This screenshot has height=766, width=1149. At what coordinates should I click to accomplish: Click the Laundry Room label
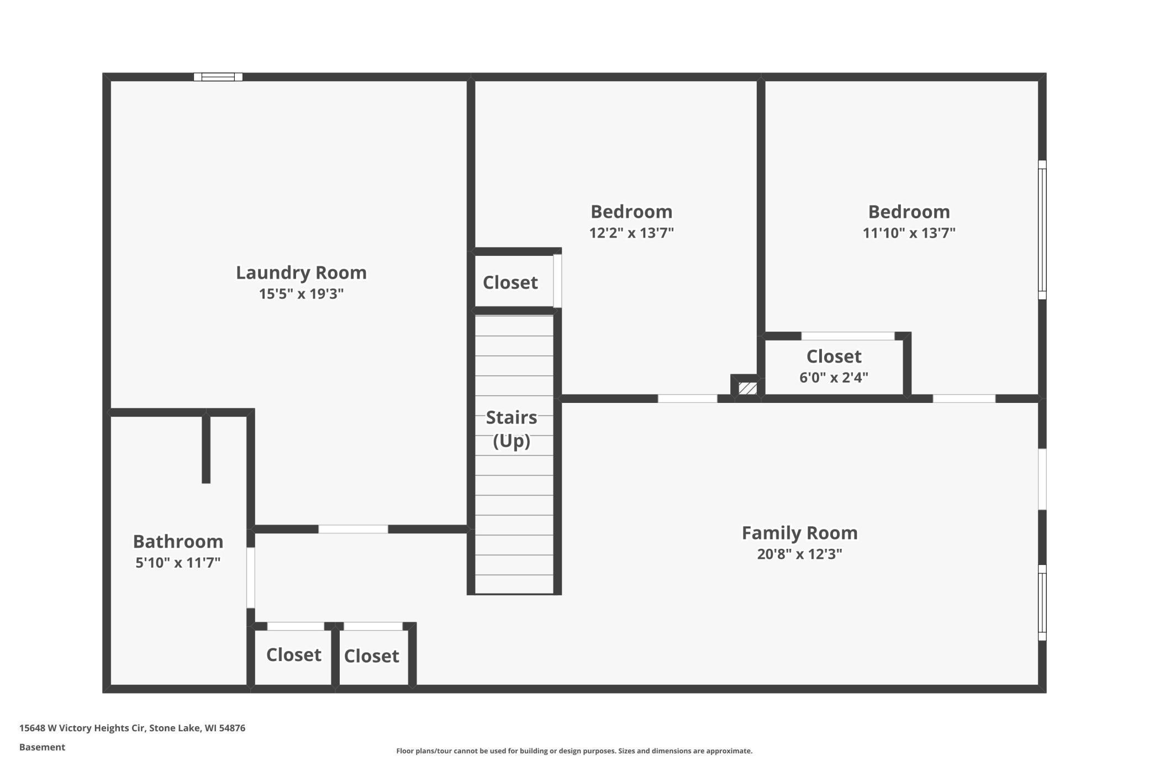[301, 272]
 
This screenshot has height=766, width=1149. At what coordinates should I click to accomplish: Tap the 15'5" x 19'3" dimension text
[301, 293]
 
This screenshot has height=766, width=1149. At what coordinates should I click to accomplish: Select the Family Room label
[799, 533]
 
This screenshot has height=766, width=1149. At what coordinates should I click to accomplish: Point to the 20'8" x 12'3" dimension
[799, 554]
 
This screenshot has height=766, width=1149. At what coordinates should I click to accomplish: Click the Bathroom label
[178, 541]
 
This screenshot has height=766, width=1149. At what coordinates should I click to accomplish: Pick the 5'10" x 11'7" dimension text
[178, 563]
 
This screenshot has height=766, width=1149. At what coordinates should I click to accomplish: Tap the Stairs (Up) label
[512, 429]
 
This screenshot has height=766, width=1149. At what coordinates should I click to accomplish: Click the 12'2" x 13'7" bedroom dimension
[631, 233]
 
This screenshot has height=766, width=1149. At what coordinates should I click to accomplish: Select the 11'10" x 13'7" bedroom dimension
[909, 233]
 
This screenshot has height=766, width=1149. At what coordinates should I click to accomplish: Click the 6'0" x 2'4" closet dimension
[834, 377]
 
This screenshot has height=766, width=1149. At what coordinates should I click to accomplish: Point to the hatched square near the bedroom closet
[747, 388]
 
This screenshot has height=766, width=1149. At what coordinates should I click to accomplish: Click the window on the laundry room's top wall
[218, 77]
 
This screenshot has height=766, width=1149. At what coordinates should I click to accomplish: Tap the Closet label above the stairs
[510, 282]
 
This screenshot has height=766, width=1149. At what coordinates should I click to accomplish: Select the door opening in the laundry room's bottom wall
[353, 529]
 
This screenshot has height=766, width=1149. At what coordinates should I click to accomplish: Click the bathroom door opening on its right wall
[251, 578]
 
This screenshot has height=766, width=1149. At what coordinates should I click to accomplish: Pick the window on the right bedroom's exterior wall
[1042, 230]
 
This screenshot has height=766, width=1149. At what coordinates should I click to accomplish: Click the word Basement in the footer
[42, 747]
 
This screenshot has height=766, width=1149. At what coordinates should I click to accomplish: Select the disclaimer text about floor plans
[574, 751]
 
